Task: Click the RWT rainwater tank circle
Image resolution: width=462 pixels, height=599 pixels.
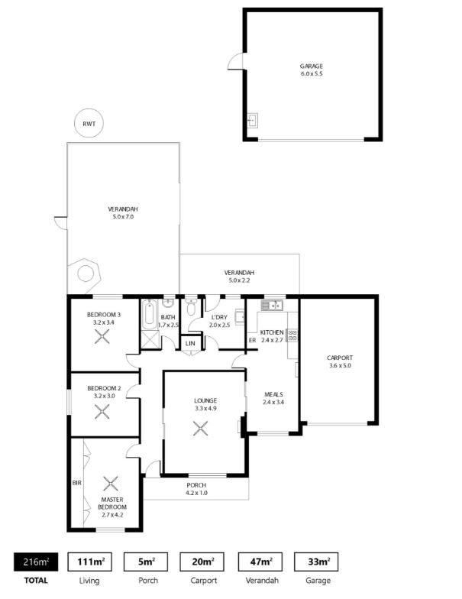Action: (x=89, y=124)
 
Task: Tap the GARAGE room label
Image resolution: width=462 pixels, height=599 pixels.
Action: (x=312, y=66)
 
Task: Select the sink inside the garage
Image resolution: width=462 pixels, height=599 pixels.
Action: (x=253, y=121)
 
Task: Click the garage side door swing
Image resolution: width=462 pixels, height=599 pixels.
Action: (x=235, y=61)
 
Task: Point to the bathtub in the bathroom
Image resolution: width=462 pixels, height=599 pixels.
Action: (x=149, y=315)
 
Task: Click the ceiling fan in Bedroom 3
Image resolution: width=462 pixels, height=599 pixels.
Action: (x=102, y=337)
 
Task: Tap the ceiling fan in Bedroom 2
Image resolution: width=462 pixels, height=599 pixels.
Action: (x=102, y=411)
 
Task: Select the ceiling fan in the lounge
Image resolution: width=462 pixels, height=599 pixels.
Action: (x=200, y=428)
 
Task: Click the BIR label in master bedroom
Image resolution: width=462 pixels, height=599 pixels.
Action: (x=76, y=483)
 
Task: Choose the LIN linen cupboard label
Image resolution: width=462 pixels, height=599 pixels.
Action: (x=190, y=344)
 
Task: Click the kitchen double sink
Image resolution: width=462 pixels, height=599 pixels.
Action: (x=272, y=306)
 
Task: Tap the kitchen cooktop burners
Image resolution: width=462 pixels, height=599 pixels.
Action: (x=293, y=335)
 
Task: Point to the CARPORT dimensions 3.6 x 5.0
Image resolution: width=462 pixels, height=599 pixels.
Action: (x=340, y=365)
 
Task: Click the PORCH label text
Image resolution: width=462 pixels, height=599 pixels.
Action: (x=197, y=485)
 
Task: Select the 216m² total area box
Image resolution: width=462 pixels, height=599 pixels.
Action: (x=36, y=562)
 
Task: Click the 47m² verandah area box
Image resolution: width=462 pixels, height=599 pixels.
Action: (x=260, y=562)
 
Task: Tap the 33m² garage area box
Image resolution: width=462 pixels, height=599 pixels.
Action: (x=316, y=562)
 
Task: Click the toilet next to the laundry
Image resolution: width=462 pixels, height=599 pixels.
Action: (x=191, y=307)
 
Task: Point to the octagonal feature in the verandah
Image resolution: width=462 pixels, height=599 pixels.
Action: (x=85, y=274)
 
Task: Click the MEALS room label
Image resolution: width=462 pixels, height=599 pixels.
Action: (x=273, y=394)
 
